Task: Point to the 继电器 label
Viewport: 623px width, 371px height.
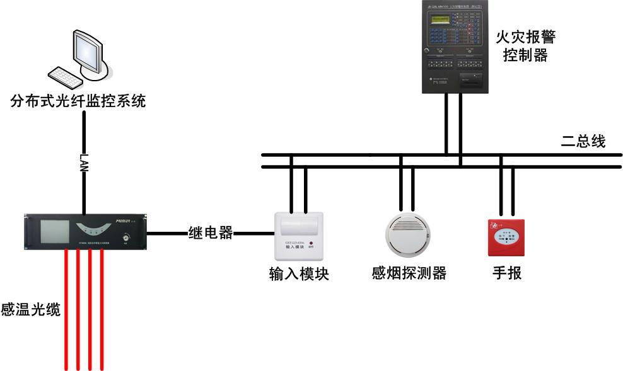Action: click(210, 233)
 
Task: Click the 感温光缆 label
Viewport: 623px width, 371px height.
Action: click(30, 309)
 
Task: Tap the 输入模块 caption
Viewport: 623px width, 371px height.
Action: click(299, 275)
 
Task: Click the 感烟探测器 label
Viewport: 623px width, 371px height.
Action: click(409, 273)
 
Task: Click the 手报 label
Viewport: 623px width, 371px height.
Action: click(506, 273)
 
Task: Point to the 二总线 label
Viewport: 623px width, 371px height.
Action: click(583, 142)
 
